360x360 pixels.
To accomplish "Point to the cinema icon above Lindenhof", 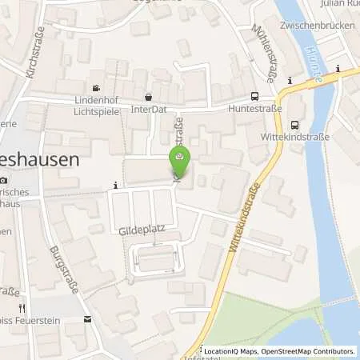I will point(97,88).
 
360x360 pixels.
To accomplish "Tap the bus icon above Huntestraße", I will point(254,94).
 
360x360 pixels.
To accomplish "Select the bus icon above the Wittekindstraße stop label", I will point(295,124).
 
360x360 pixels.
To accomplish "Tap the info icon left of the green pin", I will point(116,186).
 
